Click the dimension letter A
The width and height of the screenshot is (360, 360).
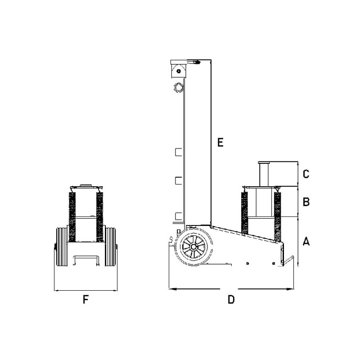click(x=306, y=242)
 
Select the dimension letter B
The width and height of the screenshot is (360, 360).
click(x=306, y=202)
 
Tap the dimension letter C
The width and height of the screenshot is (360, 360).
click(x=306, y=174)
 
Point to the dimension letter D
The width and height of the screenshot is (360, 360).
click(x=231, y=299)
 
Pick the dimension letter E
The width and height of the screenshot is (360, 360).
click(x=220, y=142)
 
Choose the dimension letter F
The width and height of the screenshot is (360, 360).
click(x=85, y=299)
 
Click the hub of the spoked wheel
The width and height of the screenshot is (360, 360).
click(x=193, y=247)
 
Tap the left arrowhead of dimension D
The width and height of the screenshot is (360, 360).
click(x=173, y=289)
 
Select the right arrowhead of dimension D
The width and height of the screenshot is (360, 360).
click(x=290, y=289)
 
